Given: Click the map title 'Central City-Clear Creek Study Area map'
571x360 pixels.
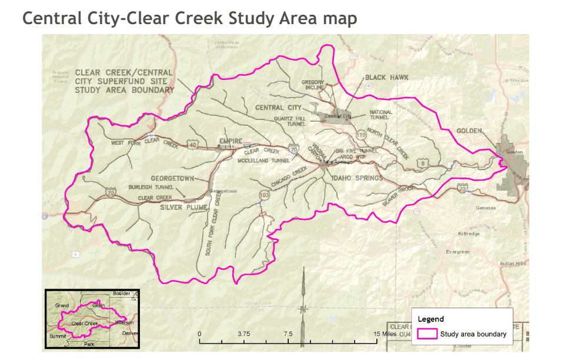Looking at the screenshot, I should pyautogui.click(x=189, y=18).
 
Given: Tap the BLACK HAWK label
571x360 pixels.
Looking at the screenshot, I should pyautogui.click(x=386, y=77).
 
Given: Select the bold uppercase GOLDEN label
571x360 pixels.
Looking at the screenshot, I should pyautogui.click(x=468, y=131).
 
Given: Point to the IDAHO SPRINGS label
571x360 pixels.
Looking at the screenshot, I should pyautogui.click(x=357, y=178).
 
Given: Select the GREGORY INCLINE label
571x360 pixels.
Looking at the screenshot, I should pyautogui.click(x=313, y=85).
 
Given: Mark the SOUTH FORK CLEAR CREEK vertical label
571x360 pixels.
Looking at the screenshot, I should pyautogui.click(x=212, y=224).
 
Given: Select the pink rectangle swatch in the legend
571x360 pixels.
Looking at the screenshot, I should pyautogui.click(x=427, y=334).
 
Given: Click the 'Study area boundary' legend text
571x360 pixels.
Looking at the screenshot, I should pyautogui.click(x=473, y=334).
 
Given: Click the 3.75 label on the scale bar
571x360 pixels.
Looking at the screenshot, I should pyautogui.click(x=243, y=334).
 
